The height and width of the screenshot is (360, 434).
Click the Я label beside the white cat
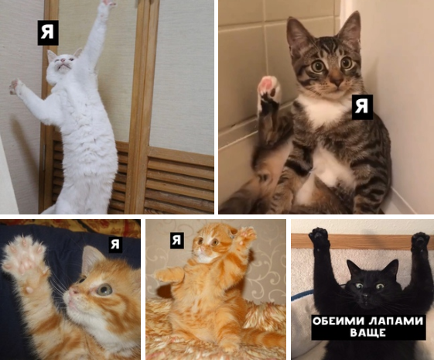[x=48, y=33]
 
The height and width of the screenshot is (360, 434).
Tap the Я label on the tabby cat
[x=362, y=107]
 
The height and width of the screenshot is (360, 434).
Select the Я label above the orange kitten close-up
[x=115, y=244]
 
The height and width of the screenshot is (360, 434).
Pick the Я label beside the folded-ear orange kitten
[x=177, y=240]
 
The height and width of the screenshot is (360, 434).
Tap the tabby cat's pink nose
[x=337, y=81]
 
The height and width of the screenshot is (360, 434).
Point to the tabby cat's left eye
[x=346, y=63]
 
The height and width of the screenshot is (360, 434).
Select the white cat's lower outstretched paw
[x=15, y=86]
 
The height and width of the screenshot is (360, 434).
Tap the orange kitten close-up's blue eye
[x=104, y=290]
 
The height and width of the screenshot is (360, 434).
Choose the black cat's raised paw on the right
[x=420, y=241]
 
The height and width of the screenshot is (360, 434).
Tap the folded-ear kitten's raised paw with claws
[x=246, y=235]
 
